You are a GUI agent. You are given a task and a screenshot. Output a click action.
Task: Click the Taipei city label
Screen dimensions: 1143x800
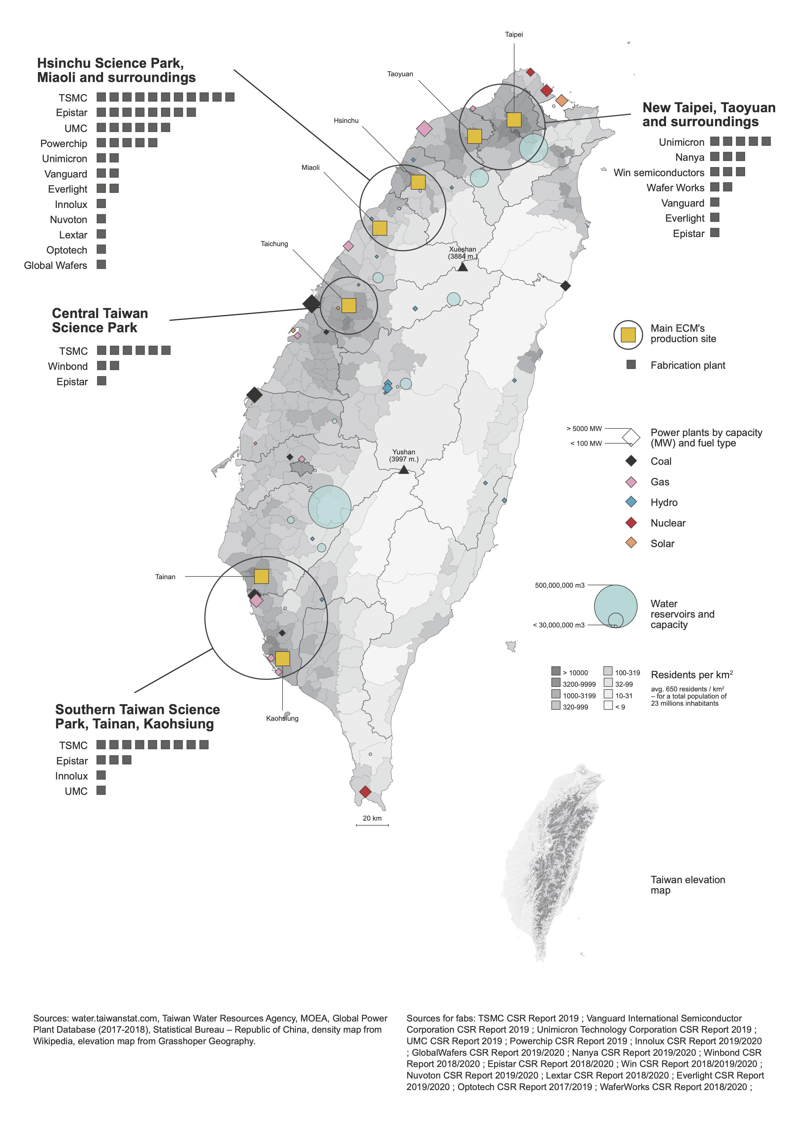click(514, 34)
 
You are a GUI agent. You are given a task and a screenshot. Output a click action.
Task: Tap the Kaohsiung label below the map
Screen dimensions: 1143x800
click(282, 718)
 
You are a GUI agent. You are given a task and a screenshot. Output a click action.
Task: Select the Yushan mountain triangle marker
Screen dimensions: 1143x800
click(404, 469)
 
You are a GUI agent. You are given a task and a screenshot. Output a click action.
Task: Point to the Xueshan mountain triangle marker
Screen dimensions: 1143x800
click(463, 267)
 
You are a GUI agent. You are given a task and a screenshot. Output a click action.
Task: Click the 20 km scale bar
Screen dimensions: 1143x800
click(372, 825)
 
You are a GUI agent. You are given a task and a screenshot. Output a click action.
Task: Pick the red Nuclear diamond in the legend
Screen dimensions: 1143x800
click(631, 523)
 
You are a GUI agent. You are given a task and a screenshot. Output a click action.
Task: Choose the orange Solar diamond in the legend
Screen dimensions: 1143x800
click(631, 543)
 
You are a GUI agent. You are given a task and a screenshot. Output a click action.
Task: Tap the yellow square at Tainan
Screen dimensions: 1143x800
click(261, 576)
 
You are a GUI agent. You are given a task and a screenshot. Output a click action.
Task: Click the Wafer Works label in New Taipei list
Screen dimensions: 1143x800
click(675, 188)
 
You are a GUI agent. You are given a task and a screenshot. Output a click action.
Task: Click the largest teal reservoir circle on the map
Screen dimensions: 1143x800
click(329, 507)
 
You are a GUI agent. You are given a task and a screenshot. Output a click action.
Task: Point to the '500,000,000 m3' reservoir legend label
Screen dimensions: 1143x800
click(560, 585)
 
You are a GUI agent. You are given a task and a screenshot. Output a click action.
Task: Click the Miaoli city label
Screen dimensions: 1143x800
click(310, 168)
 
